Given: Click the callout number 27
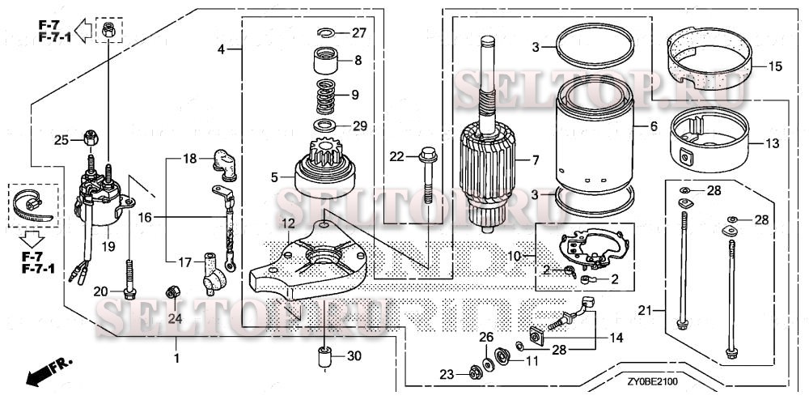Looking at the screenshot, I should pyautogui.click(x=358, y=33).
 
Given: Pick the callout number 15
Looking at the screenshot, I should pyautogui.click(x=775, y=66).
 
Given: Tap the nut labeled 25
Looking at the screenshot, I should pyautogui.click(x=90, y=138).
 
